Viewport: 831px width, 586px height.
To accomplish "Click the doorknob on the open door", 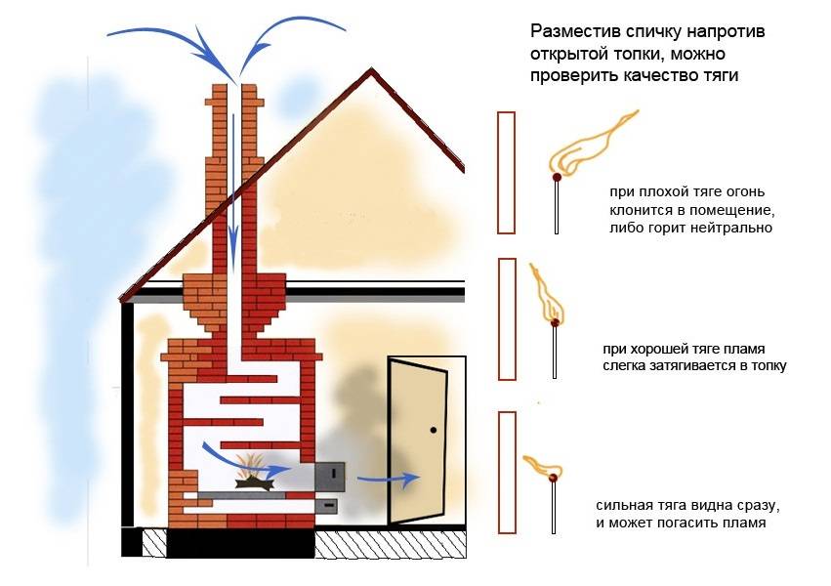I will click(x=431, y=428).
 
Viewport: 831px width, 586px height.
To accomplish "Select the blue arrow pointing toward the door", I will click(x=388, y=479).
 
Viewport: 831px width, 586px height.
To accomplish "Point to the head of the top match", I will click(x=557, y=178).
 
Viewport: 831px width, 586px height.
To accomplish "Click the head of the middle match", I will click(x=556, y=321).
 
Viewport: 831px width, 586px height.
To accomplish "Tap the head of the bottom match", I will click(x=555, y=478).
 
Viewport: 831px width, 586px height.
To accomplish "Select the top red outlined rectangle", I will click(x=506, y=172).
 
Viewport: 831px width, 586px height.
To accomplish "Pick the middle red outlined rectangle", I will click(x=506, y=318).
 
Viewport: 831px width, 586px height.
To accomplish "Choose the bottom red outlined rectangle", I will click(x=506, y=472).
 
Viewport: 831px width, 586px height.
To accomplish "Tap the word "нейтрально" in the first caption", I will click(x=731, y=229).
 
